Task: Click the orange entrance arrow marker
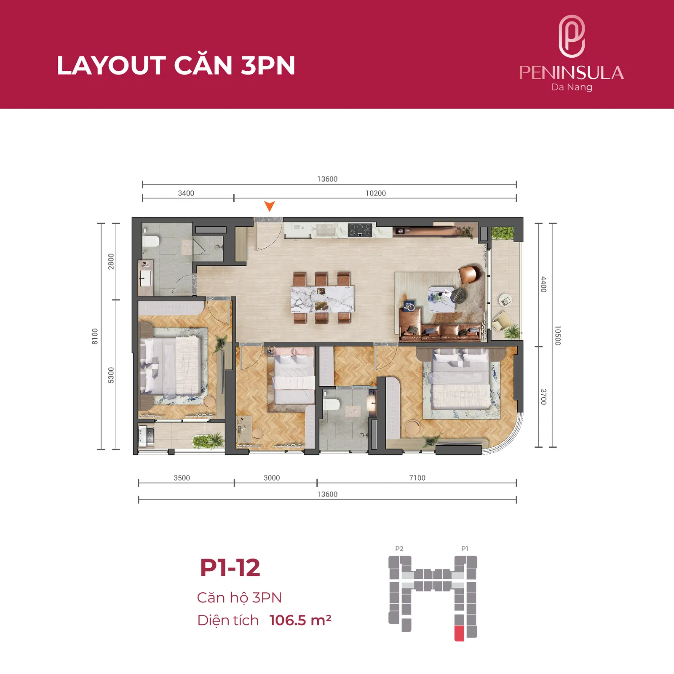(270, 206)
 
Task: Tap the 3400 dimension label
(186, 193)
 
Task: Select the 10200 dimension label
(375, 193)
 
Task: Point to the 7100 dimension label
(417, 478)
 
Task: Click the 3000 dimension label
(272, 478)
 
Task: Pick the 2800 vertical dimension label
(111, 261)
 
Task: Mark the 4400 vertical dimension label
(543, 284)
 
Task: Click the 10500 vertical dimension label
(558, 335)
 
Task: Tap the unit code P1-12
(230, 567)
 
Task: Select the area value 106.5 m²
(300, 620)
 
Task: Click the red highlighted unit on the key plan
(459, 634)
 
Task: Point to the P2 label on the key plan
(399, 548)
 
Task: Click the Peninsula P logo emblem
(572, 36)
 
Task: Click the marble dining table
(322, 299)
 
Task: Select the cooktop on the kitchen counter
(360, 230)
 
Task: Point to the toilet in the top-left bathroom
(150, 241)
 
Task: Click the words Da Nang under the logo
(572, 87)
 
